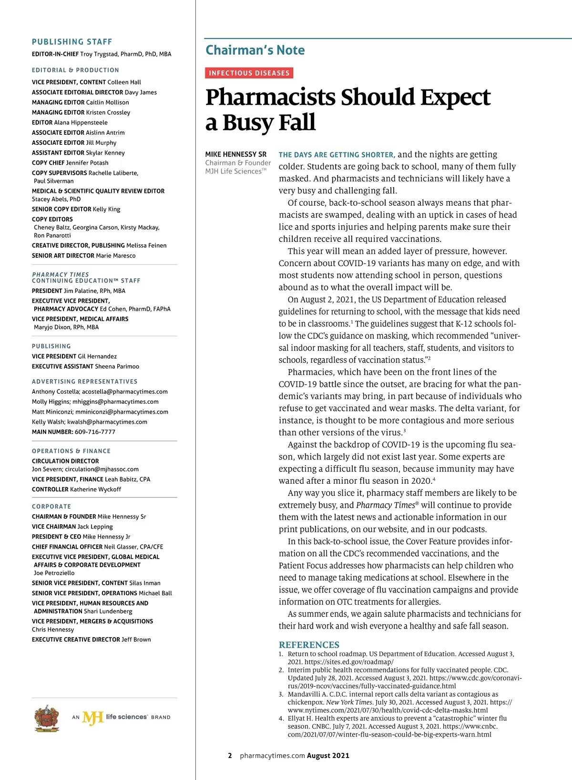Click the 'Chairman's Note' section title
[x=255, y=50]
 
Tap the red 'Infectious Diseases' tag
[x=249, y=73]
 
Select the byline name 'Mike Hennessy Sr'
[x=236, y=154]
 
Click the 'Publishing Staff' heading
[x=72, y=42]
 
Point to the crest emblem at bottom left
[x=47, y=718]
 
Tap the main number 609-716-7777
[x=95, y=432]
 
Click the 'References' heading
[x=309, y=645]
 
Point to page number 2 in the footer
[x=230, y=756]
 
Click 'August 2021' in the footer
[x=328, y=756]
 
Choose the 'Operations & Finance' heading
[x=71, y=451]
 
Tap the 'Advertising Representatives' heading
[x=85, y=381]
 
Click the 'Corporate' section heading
[x=51, y=507]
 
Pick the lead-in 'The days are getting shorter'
[x=336, y=155]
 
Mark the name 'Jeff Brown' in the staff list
[x=136, y=640]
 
